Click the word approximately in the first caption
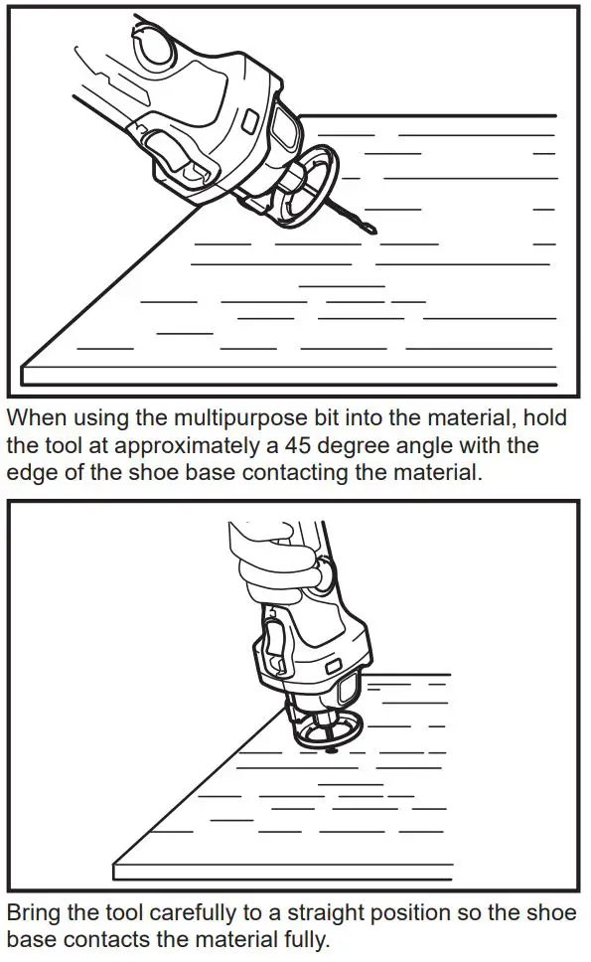coord(200,445)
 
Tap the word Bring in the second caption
coord(33,913)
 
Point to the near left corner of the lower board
coord(116,864)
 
